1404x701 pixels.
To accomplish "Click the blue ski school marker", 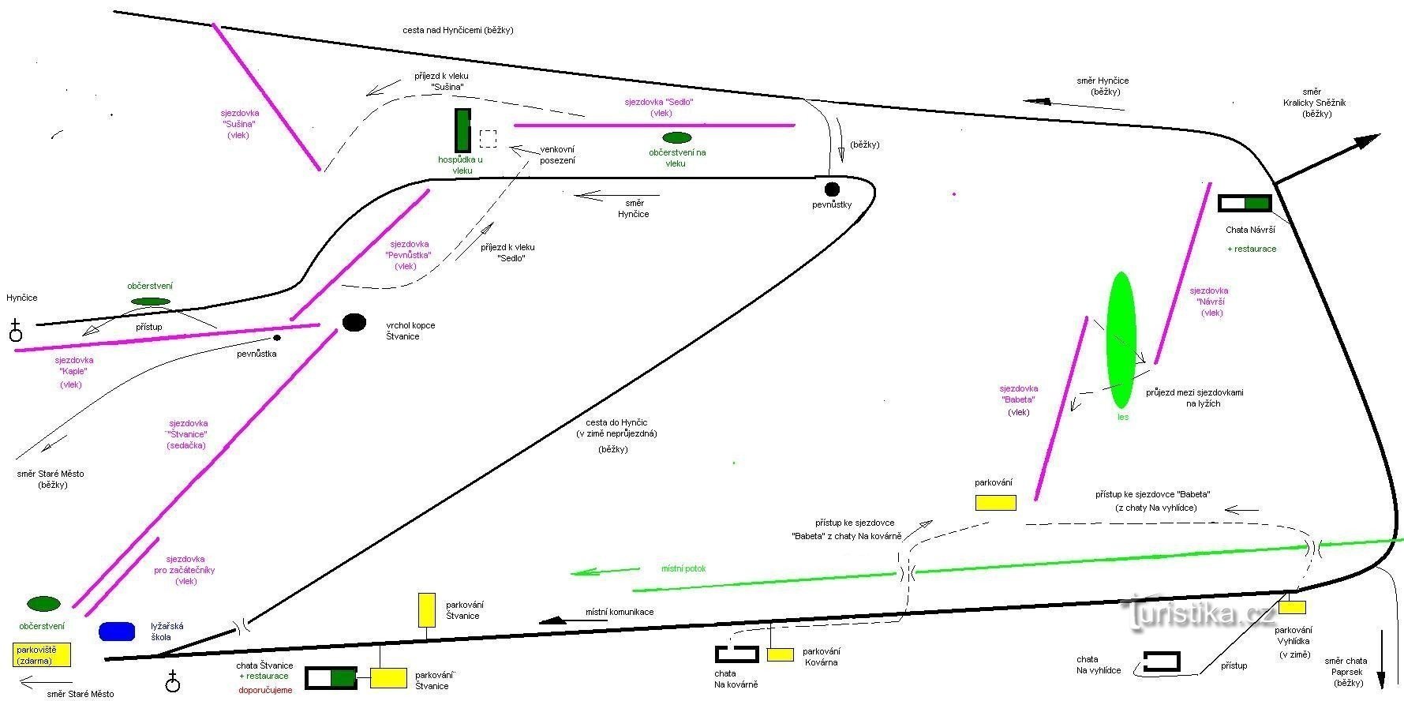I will pos(117,631).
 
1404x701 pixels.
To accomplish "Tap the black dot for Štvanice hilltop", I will pos(354,322).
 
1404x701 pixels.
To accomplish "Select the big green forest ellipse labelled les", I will pos(1121,339).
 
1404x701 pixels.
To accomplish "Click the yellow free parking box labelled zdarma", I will pos(42,654).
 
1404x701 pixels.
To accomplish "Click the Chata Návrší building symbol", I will pos(1245,204).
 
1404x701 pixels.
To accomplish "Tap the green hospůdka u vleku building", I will pos(462,130).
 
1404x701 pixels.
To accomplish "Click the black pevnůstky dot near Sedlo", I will pos(832,189).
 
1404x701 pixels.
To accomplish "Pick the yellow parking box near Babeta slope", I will pos(995,502).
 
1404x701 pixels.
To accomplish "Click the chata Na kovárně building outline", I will pos(736,654).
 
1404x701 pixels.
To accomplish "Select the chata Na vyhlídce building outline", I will pos(1162,662).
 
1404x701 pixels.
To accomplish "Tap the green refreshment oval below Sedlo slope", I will pos(677,138).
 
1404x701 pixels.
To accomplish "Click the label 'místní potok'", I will pos(683,568).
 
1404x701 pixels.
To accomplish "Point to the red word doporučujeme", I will pos(265,690).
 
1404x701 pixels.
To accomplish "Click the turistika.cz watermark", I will pos(1197,613).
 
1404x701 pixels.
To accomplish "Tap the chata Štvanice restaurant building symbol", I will pos(331,677).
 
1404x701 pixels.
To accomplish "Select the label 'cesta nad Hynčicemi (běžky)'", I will pos(458,30).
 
